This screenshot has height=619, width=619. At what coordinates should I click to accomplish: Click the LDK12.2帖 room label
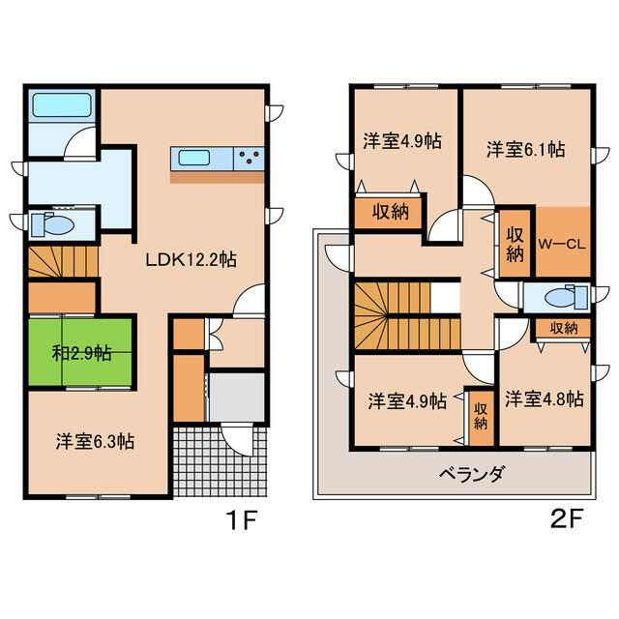(x=192, y=260)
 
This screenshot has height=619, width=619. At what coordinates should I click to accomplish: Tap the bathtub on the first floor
(x=62, y=105)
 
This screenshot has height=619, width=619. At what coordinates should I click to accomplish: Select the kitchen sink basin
(x=193, y=159)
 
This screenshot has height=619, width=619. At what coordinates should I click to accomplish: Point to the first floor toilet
(x=53, y=224)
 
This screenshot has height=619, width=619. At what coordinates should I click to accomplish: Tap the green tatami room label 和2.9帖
(x=81, y=353)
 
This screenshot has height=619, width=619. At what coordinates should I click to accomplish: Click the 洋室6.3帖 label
(x=95, y=442)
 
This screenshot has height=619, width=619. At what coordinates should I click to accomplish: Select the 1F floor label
(x=241, y=520)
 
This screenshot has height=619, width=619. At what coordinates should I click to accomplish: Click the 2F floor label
(x=566, y=520)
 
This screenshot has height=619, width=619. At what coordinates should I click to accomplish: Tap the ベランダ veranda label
(x=472, y=473)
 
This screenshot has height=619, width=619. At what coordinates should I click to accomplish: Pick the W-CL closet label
(x=562, y=244)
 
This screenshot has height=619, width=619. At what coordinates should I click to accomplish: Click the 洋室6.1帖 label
(x=526, y=150)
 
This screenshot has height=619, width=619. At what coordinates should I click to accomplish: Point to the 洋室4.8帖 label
(x=545, y=399)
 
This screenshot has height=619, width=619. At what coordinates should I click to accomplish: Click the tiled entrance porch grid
(x=220, y=460)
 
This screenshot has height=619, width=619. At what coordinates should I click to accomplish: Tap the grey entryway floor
(x=236, y=398)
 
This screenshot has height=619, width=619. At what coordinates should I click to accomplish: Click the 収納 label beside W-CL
(x=516, y=245)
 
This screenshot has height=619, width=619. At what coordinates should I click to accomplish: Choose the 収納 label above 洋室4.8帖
(x=564, y=328)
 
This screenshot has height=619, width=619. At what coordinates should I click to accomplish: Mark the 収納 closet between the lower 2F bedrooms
(x=481, y=416)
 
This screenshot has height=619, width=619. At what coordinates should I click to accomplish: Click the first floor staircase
(x=63, y=262)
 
